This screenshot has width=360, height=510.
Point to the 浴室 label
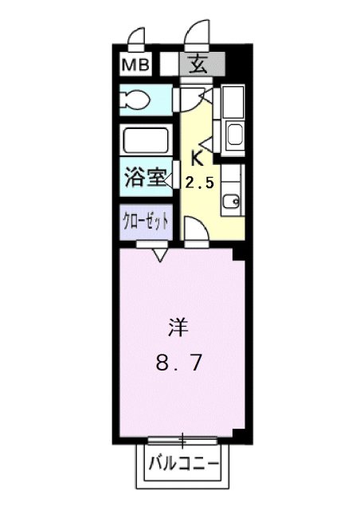145,177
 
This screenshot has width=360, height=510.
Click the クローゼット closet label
145,220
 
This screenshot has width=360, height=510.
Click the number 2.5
199,182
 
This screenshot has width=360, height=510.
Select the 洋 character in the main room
178,327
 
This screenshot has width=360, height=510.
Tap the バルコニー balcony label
182,461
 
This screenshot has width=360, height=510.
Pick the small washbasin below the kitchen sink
232,202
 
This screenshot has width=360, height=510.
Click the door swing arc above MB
136,37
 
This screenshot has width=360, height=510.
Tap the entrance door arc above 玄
194,33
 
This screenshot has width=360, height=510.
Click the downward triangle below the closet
158,255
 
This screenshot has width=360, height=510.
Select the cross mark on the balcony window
182,438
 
